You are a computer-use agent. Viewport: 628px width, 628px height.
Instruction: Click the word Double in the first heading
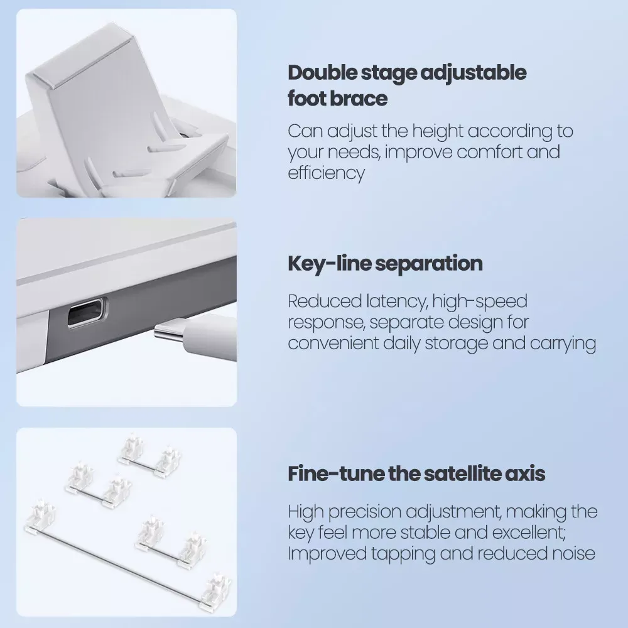[322, 72]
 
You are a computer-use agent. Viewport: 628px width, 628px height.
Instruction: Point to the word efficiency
[327, 174]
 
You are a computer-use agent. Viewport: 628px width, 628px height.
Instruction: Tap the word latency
[396, 301]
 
